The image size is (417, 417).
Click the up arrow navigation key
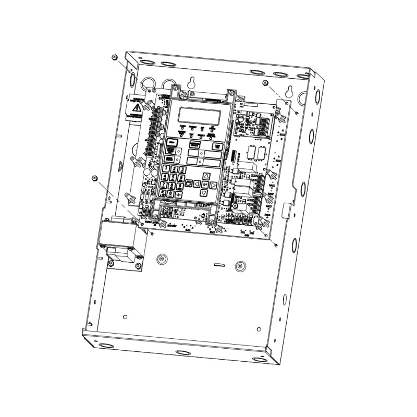click(206, 176)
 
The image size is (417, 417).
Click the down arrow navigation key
click(204, 192)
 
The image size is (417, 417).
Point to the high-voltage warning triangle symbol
click(137, 108)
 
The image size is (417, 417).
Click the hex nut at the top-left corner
click(114, 57)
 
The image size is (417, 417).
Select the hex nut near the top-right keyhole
click(265, 83)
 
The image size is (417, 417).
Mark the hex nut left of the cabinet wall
click(94, 179)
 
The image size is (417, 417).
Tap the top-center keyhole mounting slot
click(193, 82)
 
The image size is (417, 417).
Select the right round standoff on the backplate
click(240, 265)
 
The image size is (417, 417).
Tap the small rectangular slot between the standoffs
click(218, 265)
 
